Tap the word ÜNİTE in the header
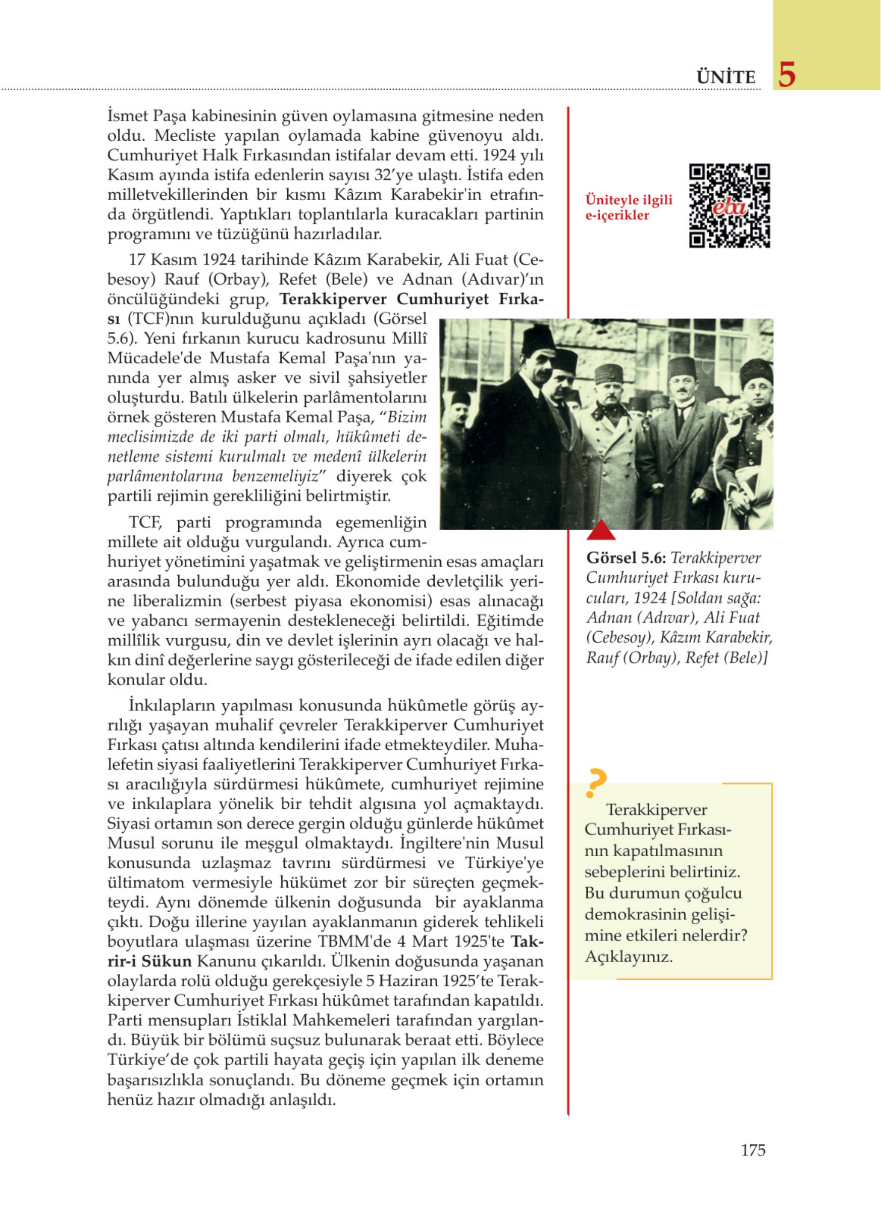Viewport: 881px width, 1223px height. (725, 77)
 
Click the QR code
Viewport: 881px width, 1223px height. (729, 205)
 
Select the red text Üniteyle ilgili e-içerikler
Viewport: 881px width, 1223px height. (629, 207)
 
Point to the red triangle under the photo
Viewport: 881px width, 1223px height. (600, 530)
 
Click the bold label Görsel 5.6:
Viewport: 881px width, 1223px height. (626, 558)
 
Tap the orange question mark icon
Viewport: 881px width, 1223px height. (596, 783)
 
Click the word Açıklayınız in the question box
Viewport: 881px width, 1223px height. (629, 957)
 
